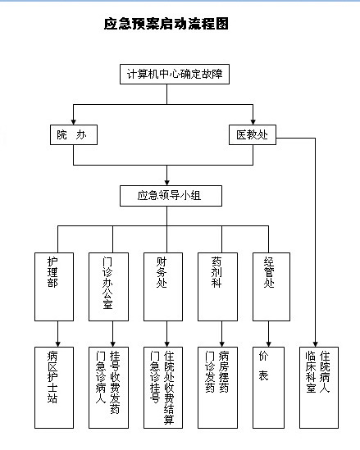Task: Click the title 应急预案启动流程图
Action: pos(166,24)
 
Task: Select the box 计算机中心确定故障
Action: pos(175,74)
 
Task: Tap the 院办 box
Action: pos(74,134)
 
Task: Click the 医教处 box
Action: pos(253,134)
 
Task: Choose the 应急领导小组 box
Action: pos(171,196)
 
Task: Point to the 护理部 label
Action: pos(52,272)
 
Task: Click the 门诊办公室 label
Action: pos(107,283)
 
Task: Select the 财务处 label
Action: pos(162,272)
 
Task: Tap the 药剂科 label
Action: pos(216,272)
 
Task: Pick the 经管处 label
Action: pos(269,272)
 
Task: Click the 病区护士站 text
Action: pos(52,377)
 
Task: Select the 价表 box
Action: pos(268,388)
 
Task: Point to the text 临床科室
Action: pos(311,371)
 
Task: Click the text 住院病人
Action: pos(325,371)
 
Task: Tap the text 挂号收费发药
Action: pos(115,382)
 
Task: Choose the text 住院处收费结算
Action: pos(169,388)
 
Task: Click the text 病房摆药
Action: pos(224,371)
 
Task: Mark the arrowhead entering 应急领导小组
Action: pos(166,183)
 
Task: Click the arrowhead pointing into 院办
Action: pos(74,121)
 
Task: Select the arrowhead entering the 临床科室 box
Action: pos(315,344)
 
